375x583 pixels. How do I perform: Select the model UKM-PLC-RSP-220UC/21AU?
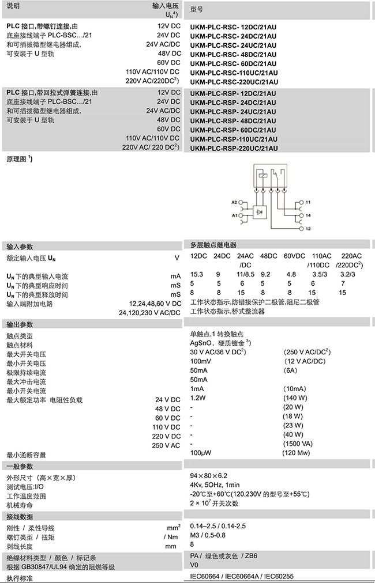pos(234,149)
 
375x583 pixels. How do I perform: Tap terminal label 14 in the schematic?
pos(309,214)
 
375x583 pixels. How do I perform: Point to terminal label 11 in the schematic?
pos(309,203)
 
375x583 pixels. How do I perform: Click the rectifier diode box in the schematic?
pos(260,213)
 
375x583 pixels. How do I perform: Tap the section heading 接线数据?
pos(19,516)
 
